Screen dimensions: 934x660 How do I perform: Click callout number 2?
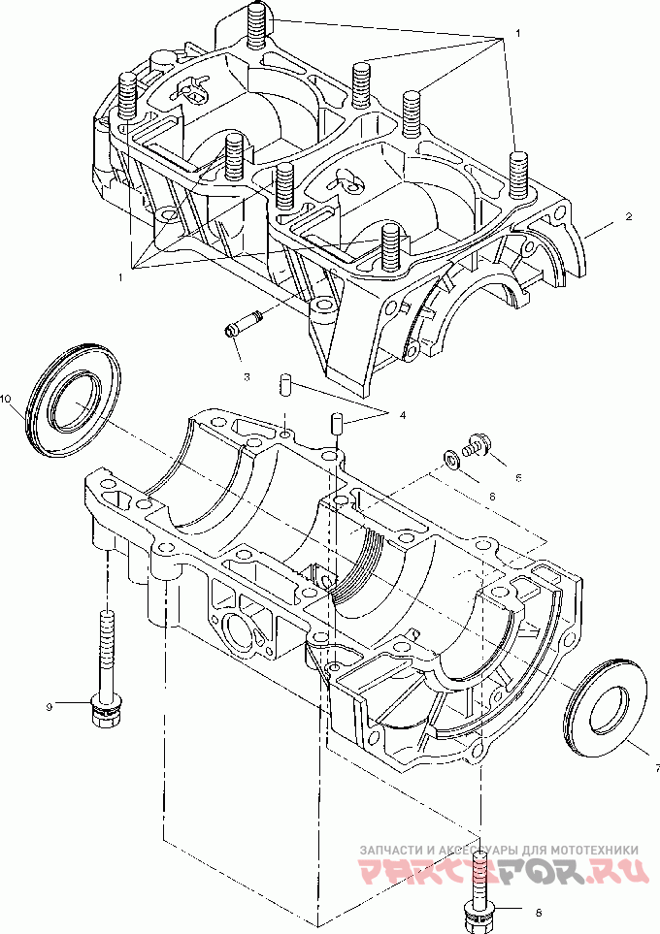click(628, 217)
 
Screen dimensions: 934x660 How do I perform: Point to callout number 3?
click(247, 375)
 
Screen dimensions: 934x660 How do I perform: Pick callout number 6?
click(491, 496)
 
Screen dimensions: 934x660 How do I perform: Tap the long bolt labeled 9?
click(105, 669)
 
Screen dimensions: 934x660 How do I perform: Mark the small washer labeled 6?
click(452, 457)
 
